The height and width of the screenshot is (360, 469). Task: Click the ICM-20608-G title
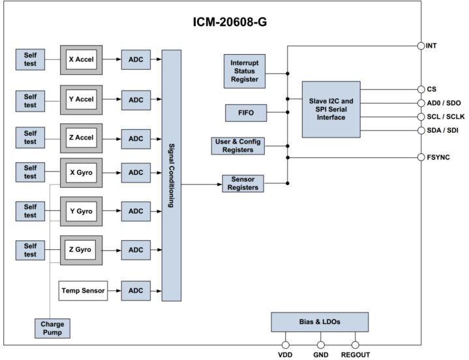tap(230, 22)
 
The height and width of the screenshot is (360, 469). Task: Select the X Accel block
tap(82, 60)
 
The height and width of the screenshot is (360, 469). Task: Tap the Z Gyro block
tap(82, 250)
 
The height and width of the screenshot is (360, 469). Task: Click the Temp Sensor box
tap(83, 290)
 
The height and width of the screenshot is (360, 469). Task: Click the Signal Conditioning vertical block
tap(172, 175)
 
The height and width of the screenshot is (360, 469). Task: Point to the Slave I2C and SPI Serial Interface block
tap(331, 109)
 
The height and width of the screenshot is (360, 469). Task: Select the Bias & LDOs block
tap(319, 322)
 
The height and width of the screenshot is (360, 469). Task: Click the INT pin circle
tap(421, 46)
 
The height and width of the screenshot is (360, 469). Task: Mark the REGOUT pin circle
tap(355, 344)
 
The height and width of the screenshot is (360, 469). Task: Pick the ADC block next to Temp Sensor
tap(135, 290)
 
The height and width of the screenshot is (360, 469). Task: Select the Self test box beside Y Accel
tap(29, 99)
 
